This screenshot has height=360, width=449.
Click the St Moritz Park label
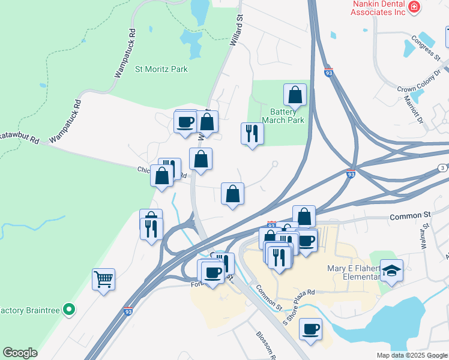(161, 69)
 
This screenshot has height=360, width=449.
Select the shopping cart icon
(103, 279)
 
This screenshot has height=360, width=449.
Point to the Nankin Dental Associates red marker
(414, 7)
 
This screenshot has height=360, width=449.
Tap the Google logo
(20, 353)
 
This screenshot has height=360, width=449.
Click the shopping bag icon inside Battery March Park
(295, 95)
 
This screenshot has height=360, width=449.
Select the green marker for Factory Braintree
(70, 310)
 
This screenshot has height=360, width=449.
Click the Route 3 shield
(441, 167)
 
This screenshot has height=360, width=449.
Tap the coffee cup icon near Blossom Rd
(310, 329)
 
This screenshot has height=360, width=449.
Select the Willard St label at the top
(237, 31)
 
